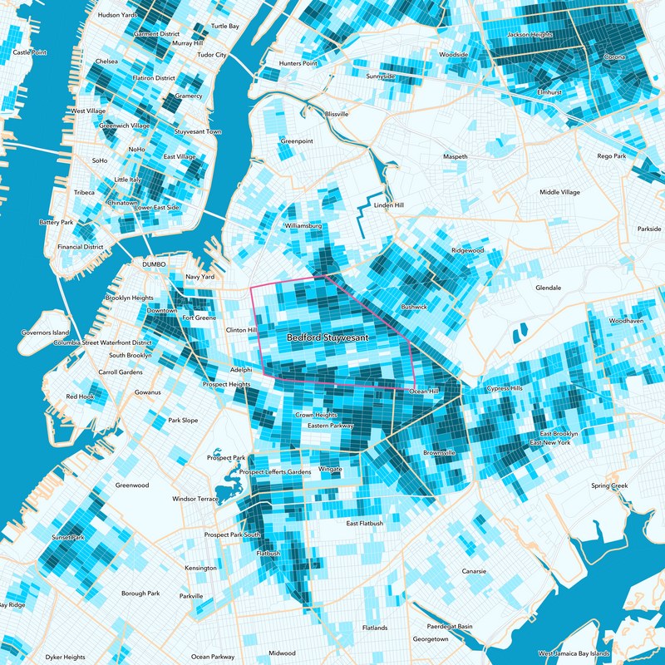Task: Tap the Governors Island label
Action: click(x=43, y=332)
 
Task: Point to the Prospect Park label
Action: click(x=227, y=458)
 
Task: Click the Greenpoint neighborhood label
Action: click(x=297, y=141)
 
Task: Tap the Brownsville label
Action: click(x=439, y=453)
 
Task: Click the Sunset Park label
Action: click(x=67, y=538)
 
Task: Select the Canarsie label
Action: click(x=479, y=571)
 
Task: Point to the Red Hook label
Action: click(x=81, y=397)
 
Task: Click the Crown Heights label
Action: click(x=316, y=414)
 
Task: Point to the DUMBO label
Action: click(x=155, y=264)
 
